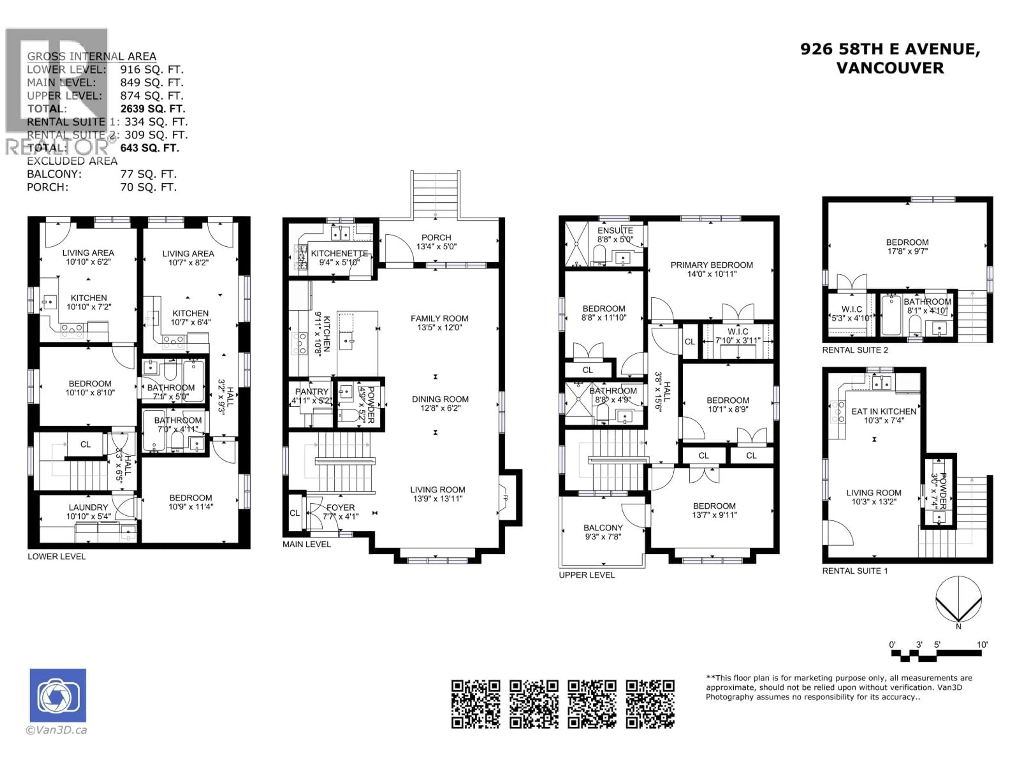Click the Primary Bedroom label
pos(712,265)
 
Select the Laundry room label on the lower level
pos(88,507)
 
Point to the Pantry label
pos(312,392)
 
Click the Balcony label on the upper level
pos(603,528)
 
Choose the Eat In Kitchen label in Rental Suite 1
pos(883,411)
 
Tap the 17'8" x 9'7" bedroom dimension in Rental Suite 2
pos(907,251)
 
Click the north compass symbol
pos(958,600)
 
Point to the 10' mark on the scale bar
pos(982,645)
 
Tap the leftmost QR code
pos(475,704)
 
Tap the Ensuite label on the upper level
pos(615,231)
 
